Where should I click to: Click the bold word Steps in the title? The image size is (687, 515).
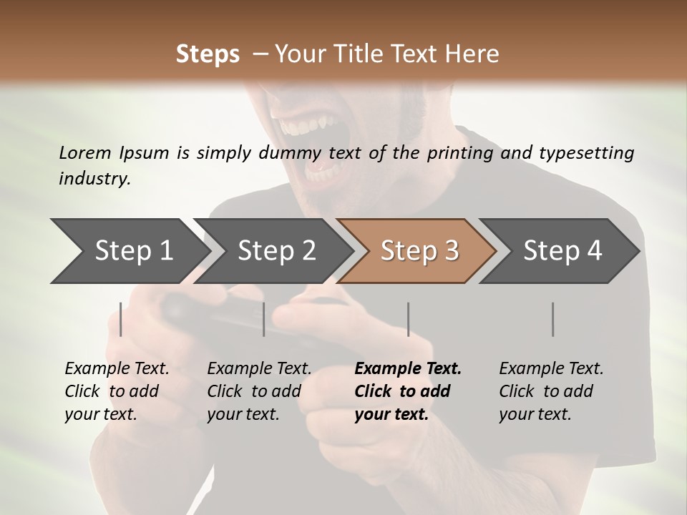pos(208,54)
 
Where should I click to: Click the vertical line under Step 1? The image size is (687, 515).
pos(121,319)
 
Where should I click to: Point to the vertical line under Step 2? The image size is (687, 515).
pos(264,319)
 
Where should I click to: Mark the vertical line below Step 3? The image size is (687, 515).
pos(408,319)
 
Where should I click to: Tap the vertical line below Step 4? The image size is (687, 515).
pos(552,319)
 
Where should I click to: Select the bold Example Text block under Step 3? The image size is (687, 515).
pos(407,391)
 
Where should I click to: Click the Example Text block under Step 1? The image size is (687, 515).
pos(117,391)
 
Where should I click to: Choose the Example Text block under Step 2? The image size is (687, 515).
pos(259,391)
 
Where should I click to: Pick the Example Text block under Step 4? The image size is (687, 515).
pos(551,391)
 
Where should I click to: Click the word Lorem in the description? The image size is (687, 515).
pos(85,152)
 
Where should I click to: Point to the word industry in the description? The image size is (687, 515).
pos(94,179)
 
